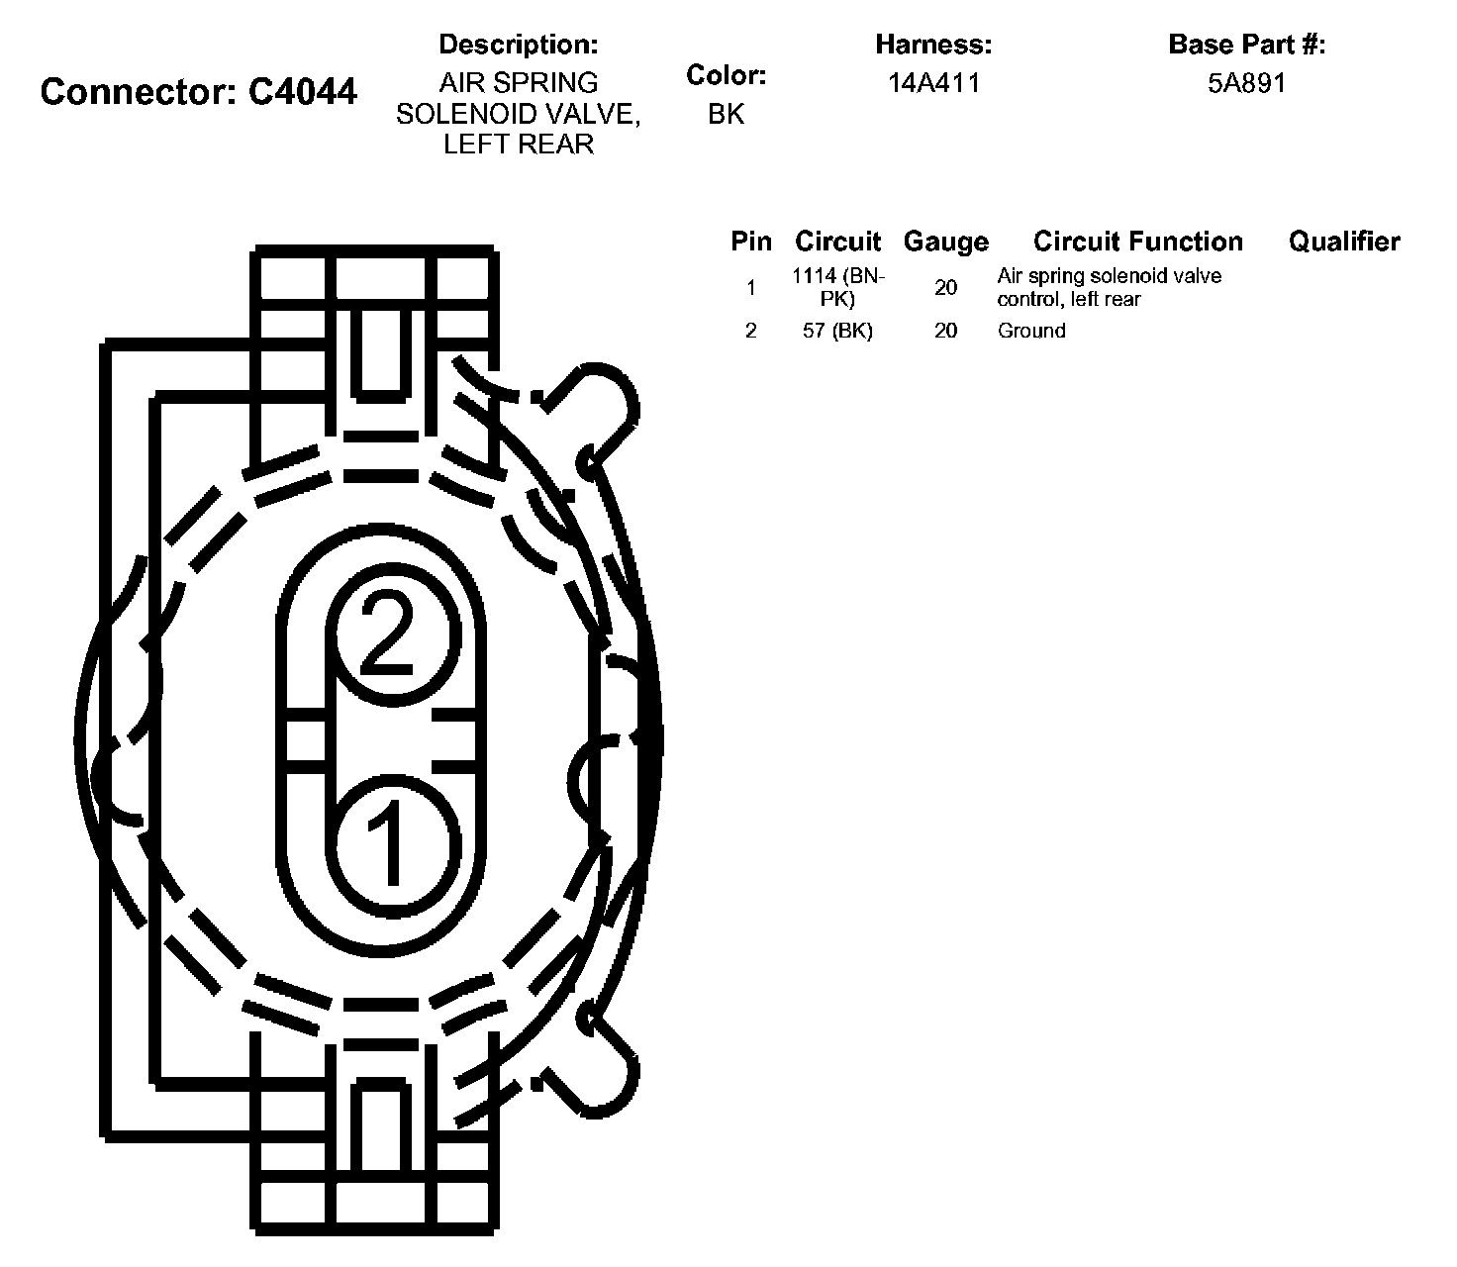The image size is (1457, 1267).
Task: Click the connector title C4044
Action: click(x=199, y=92)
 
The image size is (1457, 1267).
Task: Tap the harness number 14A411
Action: click(x=933, y=83)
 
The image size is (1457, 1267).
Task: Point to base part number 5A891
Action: click(x=1246, y=83)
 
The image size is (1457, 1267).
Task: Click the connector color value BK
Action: click(x=726, y=114)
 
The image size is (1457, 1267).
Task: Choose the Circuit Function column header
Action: click(x=1137, y=242)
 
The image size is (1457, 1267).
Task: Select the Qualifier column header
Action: click(x=1343, y=242)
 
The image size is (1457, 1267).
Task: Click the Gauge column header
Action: click(x=945, y=243)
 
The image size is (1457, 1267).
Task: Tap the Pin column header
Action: click(x=750, y=242)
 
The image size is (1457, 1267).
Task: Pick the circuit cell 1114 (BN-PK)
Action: click(x=838, y=287)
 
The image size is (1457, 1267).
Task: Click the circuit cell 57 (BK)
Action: click(x=837, y=331)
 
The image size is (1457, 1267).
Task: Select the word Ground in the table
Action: click(x=1030, y=331)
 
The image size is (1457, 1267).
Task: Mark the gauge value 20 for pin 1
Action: click(x=945, y=287)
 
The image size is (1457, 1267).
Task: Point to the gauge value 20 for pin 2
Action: click(x=945, y=331)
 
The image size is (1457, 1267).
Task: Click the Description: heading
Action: click(x=518, y=45)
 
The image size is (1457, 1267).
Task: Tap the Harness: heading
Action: click(x=933, y=45)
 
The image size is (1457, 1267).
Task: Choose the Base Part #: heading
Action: click(x=1246, y=45)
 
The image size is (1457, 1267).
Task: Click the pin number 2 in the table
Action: click(x=750, y=331)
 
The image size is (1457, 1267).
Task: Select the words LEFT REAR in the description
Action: click(x=518, y=145)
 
